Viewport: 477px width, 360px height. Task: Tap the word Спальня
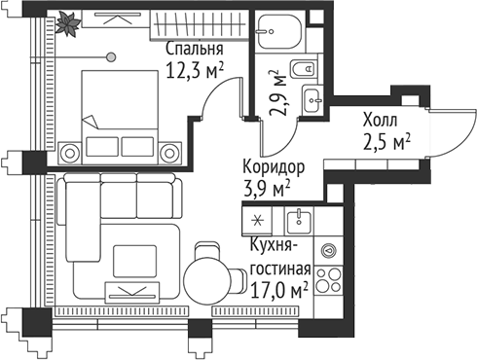point(195,49)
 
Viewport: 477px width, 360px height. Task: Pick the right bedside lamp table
point(169,151)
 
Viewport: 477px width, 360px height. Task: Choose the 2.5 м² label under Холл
point(385,142)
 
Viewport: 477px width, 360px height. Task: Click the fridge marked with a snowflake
point(258,220)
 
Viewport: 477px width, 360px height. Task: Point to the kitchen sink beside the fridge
point(300,218)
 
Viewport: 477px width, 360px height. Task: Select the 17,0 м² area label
point(279,289)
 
